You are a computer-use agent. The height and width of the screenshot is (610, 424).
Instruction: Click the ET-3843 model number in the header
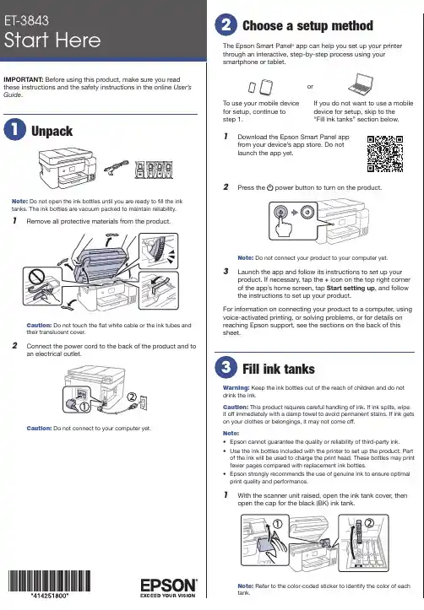tap(26, 20)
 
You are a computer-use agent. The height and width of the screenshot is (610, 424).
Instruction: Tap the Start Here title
tap(52, 40)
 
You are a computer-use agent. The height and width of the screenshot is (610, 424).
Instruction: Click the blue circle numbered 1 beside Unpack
tap(15, 130)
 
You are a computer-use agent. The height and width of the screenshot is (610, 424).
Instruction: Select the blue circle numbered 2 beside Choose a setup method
tap(226, 25)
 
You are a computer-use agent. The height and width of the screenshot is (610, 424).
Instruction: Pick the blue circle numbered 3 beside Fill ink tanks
tap(226, 367)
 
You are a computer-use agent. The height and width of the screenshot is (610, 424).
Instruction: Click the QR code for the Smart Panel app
tap(385, 154)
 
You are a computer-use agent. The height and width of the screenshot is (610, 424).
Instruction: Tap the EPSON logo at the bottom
tap(169, 588)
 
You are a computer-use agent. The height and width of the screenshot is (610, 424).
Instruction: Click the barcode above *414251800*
tap(50, 581)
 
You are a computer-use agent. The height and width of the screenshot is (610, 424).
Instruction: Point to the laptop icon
tap(361, 84)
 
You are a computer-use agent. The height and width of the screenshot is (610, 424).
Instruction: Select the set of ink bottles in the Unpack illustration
tap(154, 170)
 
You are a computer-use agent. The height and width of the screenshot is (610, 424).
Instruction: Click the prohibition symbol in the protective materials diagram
tap(37, 278)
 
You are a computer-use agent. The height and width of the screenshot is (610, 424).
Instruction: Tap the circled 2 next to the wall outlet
tap(132, 397)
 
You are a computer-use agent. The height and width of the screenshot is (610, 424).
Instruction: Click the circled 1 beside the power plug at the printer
tap(84, 407)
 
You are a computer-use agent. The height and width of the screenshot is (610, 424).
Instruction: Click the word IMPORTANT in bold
tap(24, 79)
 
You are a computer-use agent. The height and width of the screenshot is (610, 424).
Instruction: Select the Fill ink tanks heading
tap(279, 369)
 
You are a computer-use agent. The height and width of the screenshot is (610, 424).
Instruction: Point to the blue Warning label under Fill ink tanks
tap(236, 388)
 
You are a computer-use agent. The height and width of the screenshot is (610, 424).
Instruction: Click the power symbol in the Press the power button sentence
tap(269, 187)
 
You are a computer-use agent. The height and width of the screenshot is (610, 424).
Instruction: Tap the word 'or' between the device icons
tap(310, 86)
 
